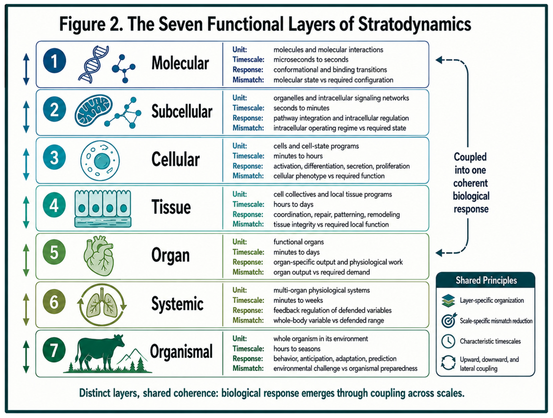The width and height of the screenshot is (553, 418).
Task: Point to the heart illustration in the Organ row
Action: click(x=99, y=256)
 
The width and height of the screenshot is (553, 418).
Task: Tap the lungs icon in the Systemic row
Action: click(x=102, y=304)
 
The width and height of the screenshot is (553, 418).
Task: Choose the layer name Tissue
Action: click(x=171, y=207)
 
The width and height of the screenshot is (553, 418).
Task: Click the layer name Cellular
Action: click(x=176, y=159)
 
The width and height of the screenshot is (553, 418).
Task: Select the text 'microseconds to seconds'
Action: click(x=311, y=60)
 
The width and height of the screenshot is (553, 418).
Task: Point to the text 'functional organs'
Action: click(x=299, y=242)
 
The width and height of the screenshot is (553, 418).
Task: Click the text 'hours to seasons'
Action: click(x=297, y=349)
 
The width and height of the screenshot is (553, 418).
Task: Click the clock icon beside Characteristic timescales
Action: click(x=448, y=341)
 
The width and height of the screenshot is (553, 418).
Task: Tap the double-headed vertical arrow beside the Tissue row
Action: click(x=26, y=212)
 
